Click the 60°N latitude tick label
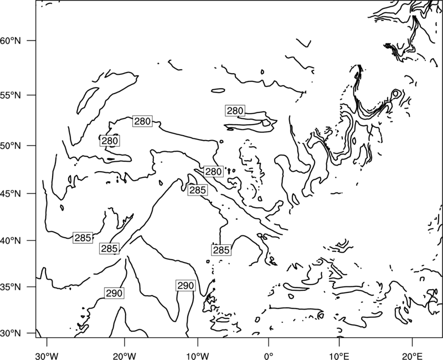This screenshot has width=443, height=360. click(11, 40)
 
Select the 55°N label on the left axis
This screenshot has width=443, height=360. click(11, 95)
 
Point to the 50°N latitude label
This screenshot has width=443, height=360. click(11, 146)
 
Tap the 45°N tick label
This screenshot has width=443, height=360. click(11, 193)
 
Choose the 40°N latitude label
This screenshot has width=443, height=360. click(11, 241)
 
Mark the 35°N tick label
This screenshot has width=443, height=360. click(11, 287)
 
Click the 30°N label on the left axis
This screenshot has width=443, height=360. click(11, 333)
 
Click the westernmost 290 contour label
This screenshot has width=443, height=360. click(114, 294)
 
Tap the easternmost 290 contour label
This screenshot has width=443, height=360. click(186, 286)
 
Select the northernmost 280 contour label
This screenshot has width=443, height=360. click(235, 111)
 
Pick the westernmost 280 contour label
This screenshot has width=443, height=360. click(110, 141)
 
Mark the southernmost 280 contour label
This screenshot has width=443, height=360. click(213, 172)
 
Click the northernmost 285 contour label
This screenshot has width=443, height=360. click(198, 190)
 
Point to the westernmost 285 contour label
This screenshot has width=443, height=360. click(83, 238)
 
